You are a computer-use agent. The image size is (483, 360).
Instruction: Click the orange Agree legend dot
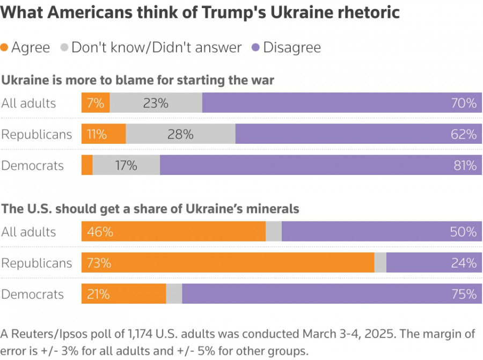coord(5,48)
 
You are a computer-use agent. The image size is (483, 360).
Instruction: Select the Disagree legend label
coord(291,48)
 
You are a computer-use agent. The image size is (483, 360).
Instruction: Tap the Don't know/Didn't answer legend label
coord(156,48)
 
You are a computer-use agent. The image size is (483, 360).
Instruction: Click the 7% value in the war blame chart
coord(96,103)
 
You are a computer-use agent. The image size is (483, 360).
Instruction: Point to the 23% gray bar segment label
coord(156,103)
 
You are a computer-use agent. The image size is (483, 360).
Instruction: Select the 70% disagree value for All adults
coord(464,103)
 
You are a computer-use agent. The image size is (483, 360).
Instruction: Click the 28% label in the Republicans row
coord(180,134)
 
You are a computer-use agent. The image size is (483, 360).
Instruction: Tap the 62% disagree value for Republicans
coord(464,134)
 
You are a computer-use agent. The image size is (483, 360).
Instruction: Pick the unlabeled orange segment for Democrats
coord(87,165)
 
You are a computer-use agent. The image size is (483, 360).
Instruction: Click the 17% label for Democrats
coord(126,165)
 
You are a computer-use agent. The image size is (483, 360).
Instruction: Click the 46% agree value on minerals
coord(100,232)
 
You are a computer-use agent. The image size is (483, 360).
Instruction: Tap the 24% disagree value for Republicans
coord(464,263)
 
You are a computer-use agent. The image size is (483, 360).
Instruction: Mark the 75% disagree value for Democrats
coord(464,294)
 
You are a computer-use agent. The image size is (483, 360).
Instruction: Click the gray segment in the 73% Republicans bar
coord(380,263)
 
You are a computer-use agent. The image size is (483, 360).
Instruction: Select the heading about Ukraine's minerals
coord(150,209)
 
